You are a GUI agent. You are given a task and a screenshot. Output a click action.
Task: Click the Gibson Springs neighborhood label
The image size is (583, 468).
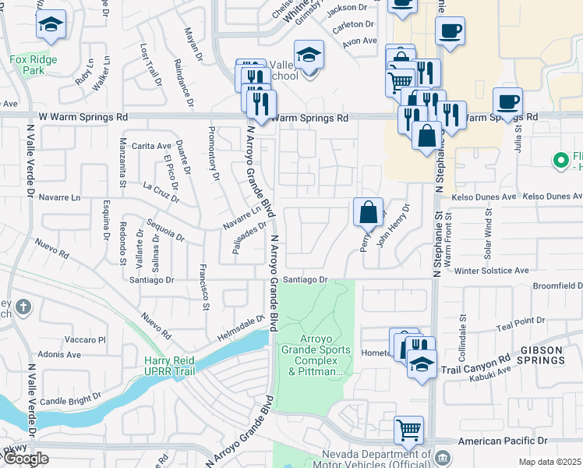click(543, 354)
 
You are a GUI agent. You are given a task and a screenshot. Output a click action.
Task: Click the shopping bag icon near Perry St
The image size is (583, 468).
click(368, 211)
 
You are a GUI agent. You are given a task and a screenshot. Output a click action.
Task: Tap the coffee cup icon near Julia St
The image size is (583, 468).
click(507, 102)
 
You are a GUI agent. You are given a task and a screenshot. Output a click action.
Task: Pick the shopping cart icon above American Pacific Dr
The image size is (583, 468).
click(408, 430)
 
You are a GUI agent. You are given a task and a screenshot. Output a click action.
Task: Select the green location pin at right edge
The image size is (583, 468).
click(559, 161)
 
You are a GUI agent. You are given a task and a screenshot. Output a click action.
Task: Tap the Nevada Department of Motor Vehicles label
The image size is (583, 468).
click(377, 460)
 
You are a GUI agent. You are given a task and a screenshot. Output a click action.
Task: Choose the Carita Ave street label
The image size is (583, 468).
click(150, 146)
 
